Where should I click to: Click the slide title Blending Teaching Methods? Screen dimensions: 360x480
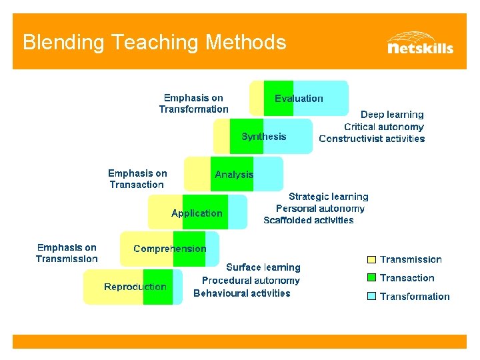pos(154,43)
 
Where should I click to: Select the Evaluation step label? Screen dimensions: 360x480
pos(299,99)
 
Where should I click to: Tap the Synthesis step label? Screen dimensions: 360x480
pos(264,137)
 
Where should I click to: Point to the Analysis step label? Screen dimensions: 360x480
pos(234,175)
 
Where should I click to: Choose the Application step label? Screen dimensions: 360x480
pos(197,213)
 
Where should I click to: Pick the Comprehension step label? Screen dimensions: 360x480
pos(170,249)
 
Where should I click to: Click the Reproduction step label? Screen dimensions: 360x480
pos(135,287)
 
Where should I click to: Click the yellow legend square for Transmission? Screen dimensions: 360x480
pos(372,259)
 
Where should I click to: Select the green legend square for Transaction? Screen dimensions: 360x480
pos(372,278)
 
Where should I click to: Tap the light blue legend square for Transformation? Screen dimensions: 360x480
pos(372,297)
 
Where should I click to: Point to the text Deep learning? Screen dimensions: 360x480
pos(392,115)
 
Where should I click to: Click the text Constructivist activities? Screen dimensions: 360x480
pos(371,139)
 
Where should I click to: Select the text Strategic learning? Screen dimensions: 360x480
pos(328,197)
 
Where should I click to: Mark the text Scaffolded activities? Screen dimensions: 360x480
pos(309,220)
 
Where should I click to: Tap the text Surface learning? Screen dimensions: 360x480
pos(263,267)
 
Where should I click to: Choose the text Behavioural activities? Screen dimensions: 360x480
pos(242,293)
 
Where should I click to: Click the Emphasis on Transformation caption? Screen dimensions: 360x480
pos(193,103)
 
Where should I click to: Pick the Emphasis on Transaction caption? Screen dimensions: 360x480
pos(137,179)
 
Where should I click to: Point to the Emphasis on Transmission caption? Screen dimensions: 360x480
pos(67,253)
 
